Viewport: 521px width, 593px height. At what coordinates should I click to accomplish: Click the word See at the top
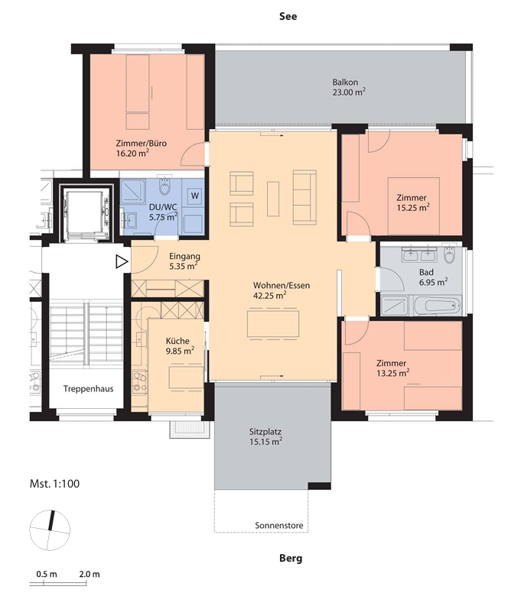(x=288, y=16)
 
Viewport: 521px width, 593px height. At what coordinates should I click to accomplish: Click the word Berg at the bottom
(x=291, y=558)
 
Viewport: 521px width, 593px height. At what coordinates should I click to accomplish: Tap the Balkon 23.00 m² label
(x=349, y=87)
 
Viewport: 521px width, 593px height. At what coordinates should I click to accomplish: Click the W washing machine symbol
(x=194, y=196)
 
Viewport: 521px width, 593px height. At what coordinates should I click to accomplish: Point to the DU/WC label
(x=163, y=207)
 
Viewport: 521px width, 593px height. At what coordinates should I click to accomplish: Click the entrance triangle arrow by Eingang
(x=122, y=261)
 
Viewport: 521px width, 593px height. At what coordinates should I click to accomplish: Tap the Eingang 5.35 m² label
(x=184, y=261)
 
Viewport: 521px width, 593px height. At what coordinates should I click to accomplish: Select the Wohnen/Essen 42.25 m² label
(x=281, y=290)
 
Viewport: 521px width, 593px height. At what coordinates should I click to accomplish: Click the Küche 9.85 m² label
(x=180, y=345)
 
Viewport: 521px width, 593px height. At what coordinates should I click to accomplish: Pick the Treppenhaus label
(x=88, y=389)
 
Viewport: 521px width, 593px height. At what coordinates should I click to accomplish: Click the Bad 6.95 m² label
(x=433, y=277)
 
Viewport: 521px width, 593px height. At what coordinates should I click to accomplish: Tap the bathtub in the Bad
(x=438, y=305)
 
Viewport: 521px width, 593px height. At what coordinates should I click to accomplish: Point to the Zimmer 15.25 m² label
(x=412, y=203)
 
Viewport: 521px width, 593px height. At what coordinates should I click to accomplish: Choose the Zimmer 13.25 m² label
(x=392, y=368)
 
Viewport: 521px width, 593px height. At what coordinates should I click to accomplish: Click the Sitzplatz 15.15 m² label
(x=265, y=436)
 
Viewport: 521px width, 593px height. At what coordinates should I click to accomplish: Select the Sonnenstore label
(x=279, y=525)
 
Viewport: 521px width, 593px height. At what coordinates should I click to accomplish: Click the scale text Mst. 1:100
(x=54, y=484)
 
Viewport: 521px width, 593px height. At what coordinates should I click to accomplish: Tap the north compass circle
(x=50, y=530)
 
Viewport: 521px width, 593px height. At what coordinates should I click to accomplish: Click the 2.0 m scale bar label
(x=90, y=574)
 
